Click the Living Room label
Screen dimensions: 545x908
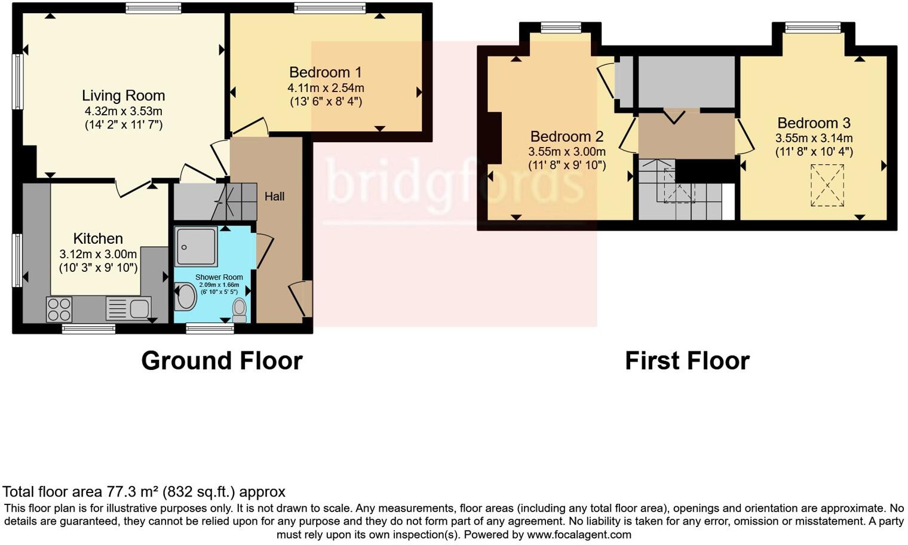coord(123,96)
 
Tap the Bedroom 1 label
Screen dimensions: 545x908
coord(325,72)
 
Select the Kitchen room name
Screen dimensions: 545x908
coord(98,239)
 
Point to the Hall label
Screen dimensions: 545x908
coord(274,196)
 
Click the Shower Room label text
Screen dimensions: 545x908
coord(219,277)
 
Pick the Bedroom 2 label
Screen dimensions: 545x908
coord(566,136)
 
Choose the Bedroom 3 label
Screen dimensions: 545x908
coord(814,123)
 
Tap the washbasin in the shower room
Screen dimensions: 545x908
coord(186,296)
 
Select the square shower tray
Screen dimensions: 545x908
coord(196,246)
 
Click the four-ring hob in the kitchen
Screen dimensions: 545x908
coord(59,309)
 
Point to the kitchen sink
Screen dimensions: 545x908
coord(128,308)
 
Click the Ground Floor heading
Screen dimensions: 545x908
coord(222,361)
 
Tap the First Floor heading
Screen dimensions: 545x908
coord(687,361)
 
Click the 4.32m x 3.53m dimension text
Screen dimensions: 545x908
coord(123,111)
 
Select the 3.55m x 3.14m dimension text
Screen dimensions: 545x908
coord(814,138)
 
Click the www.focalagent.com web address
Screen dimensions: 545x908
coord(579,534)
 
